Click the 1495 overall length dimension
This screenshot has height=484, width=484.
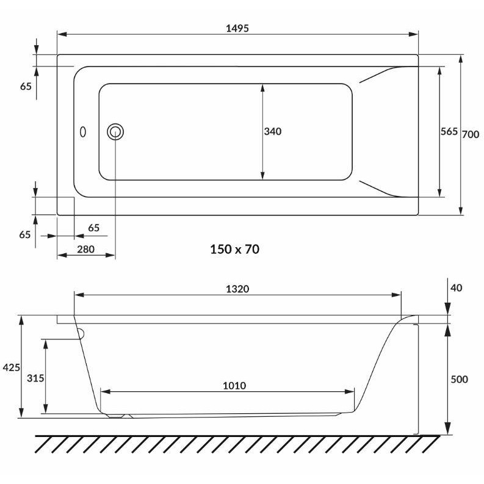(x=237, y=29)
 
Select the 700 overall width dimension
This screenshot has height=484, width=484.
(x=471, y=134)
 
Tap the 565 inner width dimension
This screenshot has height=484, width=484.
(x=449, y=131)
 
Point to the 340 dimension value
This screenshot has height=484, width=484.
(x=273, y=131)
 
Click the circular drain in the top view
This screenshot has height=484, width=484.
(x=115, y=132)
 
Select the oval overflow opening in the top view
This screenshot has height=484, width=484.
(x=83, y=132)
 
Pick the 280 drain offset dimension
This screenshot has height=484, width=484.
(x=85, y=249)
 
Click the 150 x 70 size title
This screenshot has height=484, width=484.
(x=234, y=249)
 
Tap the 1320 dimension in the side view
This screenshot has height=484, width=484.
(x=237, y=289)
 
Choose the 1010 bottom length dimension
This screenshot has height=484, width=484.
(x=234, y=386)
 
